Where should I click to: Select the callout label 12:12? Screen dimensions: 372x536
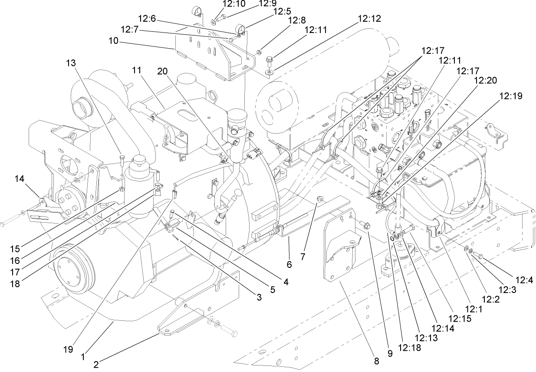369,19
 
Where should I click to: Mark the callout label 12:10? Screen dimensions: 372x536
234,4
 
